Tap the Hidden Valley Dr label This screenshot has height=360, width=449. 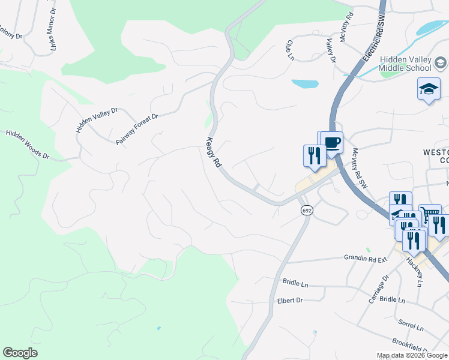(97, 120)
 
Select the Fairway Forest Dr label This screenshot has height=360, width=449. (136, 129)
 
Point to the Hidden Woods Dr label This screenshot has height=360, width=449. (28, 144)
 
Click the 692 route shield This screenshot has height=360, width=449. (307, 211)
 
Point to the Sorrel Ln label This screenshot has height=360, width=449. (412, 326)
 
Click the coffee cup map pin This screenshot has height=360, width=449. (332, 143)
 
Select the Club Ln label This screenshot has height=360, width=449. (290, 49)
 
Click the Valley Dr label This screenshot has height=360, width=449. (330, 50)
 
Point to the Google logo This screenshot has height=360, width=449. (20, 353)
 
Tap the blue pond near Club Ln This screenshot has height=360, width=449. (304, 84)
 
